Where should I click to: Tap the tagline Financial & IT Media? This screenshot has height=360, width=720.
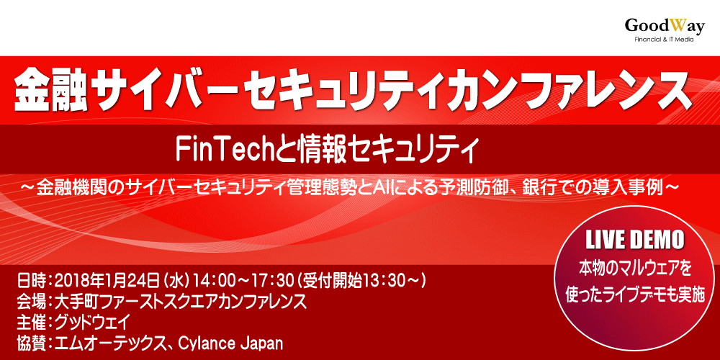[x=664, y=40]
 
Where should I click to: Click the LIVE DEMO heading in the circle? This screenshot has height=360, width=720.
[x=635, y=240]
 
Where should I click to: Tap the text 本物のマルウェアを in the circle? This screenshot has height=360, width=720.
[x=635, y=269]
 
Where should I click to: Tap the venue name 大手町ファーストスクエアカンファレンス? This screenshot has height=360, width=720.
[x=180, y=300]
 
